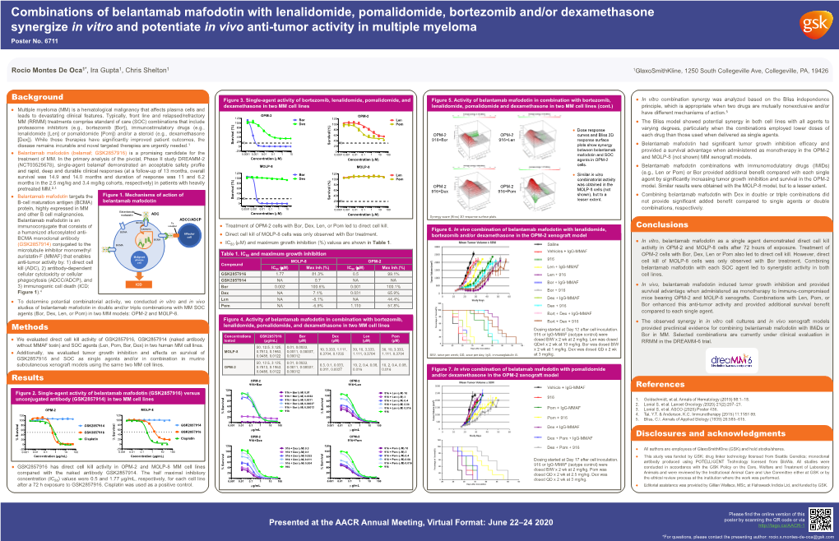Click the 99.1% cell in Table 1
[x=391, y=273]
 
